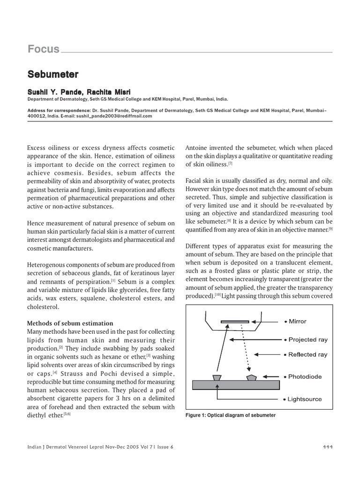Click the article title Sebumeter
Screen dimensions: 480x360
52,74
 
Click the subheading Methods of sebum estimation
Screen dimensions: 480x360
70,323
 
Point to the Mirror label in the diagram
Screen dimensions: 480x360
298,322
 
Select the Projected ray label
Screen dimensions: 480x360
308,339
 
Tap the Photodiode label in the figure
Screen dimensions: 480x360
305,376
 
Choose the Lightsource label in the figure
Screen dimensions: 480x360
305,399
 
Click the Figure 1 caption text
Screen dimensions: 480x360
231,415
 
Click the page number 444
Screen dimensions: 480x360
328,447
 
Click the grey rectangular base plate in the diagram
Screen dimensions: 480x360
236,384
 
